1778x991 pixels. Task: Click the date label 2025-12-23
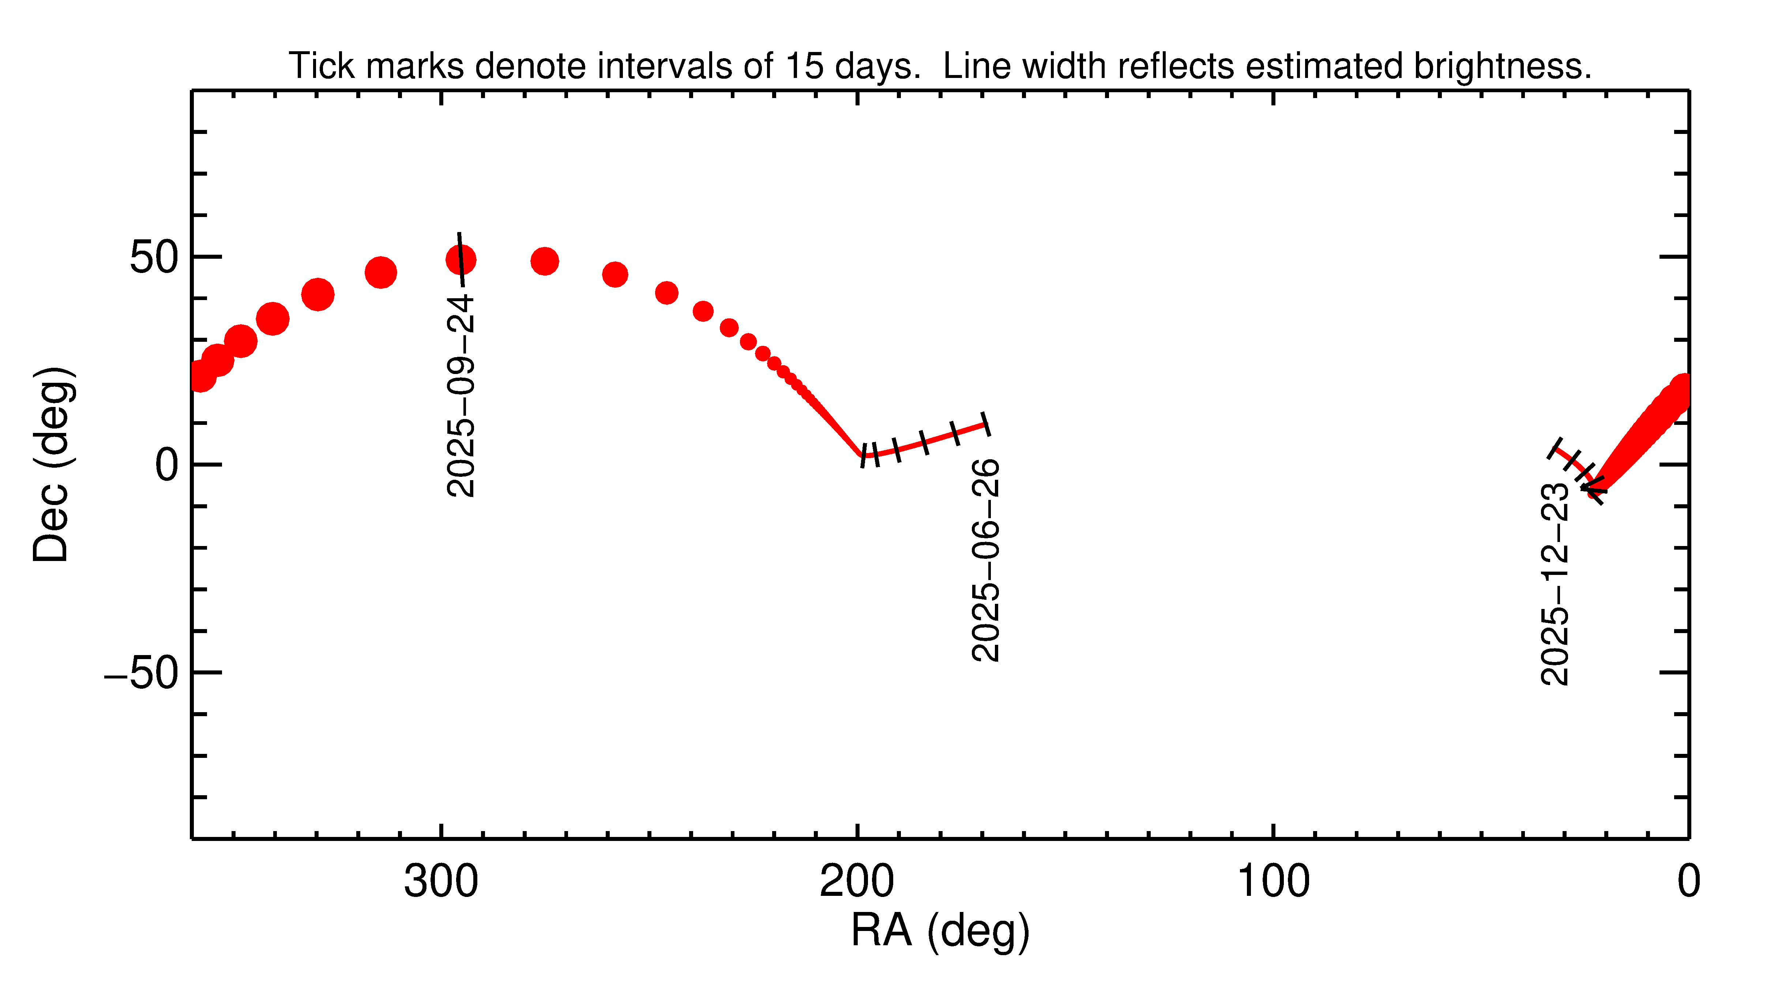click(x=1555, y=584)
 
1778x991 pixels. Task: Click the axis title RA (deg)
click(x=940, y=931)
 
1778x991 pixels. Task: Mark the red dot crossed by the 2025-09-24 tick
click(x=461, y=260)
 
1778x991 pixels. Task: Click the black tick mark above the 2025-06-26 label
click(x=986, y=424)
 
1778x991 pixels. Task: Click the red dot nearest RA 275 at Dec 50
click(x=545, y=261)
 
